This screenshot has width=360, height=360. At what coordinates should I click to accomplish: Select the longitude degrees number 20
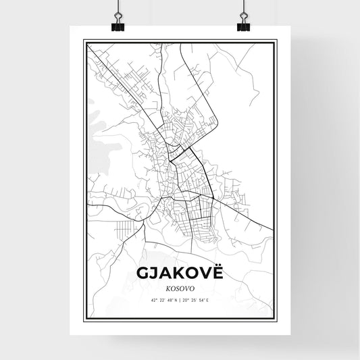(186, 301)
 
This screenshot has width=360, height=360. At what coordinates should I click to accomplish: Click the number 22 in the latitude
(161, 301)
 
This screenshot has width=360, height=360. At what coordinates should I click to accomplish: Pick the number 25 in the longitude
(192, 301)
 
